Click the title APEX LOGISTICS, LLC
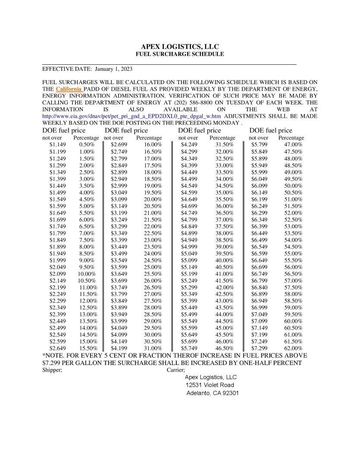click(180, 47)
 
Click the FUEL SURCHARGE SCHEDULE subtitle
click(180, 54)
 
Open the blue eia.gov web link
click(131, 116)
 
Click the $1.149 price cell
click(57, 145)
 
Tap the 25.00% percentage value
click(153, 267)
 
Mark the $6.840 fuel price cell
click(260, 287)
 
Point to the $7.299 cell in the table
click(260, 348)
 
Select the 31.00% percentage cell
click(153, 348)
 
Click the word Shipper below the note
click(52, 370)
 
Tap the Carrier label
click(175, 370)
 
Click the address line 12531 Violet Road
click(210, 385)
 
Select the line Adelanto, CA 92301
click(213, 393)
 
